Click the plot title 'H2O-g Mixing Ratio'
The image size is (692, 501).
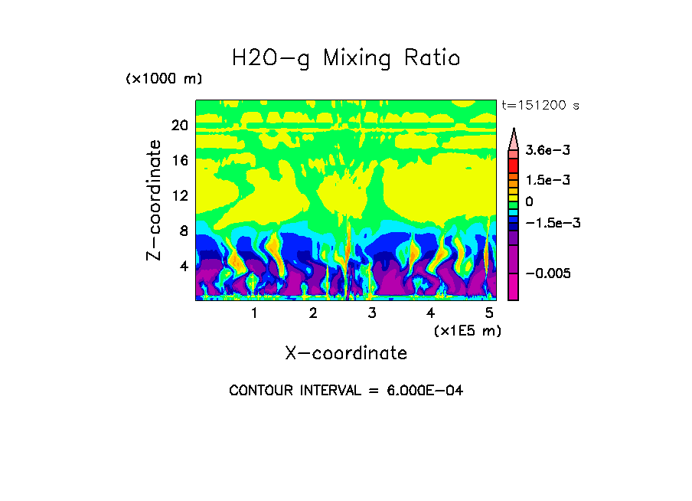tap(346, 58)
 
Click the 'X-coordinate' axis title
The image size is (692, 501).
tap(346, 353)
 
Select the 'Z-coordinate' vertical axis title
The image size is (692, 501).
tap(155, 200)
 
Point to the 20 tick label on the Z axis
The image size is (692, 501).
tap(179, 126)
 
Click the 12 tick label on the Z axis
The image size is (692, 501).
tap(179, 196)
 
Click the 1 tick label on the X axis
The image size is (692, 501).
tap(254, 313)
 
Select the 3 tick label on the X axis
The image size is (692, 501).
tap(371, 313)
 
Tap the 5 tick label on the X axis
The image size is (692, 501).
tap(489, 313)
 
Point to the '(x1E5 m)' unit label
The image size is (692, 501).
tap(467, 330)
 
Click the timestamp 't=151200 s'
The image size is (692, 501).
tap(539, 105)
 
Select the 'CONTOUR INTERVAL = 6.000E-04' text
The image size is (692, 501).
tap(346, 391)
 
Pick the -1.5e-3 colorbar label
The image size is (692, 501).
tap(547, 222)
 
